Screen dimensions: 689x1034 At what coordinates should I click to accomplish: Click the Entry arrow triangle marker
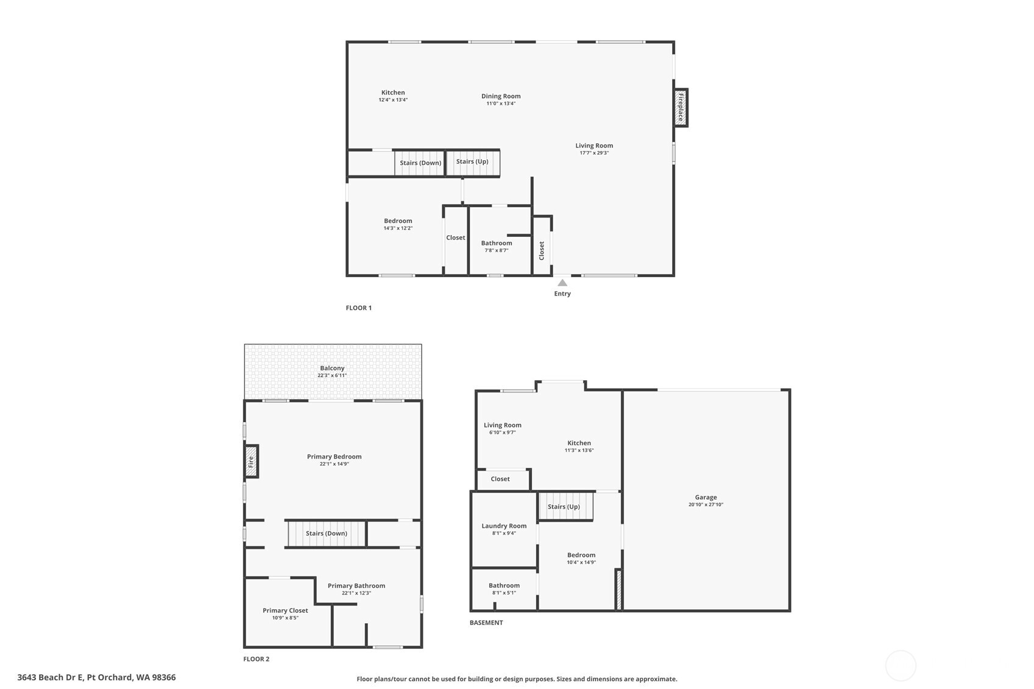coord(562,283)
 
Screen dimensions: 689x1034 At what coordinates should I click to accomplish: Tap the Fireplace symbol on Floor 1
coord(681,107)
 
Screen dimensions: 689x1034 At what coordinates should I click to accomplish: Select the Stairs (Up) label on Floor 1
coord(472,161)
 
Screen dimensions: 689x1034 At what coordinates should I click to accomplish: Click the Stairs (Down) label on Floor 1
coord(420,163)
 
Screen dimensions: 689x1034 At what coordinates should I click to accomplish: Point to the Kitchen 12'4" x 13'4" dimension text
coord(393,100)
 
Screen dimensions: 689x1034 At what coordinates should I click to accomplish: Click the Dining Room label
coord(501,96)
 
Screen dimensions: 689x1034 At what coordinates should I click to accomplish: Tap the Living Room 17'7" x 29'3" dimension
coord(594,153)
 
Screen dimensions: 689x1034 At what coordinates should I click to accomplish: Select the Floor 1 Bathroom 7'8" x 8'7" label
coord(497,246)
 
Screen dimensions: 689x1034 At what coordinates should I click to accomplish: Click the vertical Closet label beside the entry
coord(542,250)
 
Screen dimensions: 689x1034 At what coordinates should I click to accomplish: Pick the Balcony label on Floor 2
coord(332,368)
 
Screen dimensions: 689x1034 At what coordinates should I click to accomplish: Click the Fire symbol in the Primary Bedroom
coord(250,461)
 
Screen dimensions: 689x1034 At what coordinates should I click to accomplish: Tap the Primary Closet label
coord(285,610)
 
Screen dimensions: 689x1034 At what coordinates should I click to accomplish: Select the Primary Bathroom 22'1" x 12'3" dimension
coord(356,593)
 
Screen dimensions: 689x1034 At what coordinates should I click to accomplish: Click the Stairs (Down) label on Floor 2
coord(327,533)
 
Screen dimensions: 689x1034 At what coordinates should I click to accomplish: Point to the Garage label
coord(706,497)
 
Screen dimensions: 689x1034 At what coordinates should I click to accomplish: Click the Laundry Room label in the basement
coord(504,526)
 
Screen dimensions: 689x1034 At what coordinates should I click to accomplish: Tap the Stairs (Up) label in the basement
coord(564,507)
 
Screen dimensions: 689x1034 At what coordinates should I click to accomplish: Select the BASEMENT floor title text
coord(486,623)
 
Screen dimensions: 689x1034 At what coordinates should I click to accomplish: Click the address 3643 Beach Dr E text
coord(96,677)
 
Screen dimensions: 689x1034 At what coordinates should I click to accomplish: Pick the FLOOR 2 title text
coord(256,659)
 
